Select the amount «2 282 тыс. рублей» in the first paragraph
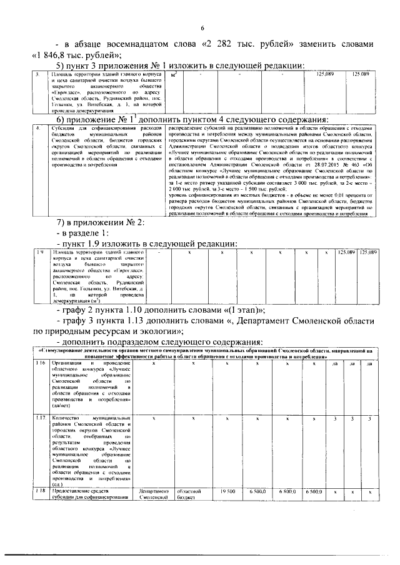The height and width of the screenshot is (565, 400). [x=244, y=45]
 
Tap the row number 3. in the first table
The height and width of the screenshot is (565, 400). [x=38, y=74]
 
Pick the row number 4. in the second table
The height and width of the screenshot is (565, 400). [x=39, y=129]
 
